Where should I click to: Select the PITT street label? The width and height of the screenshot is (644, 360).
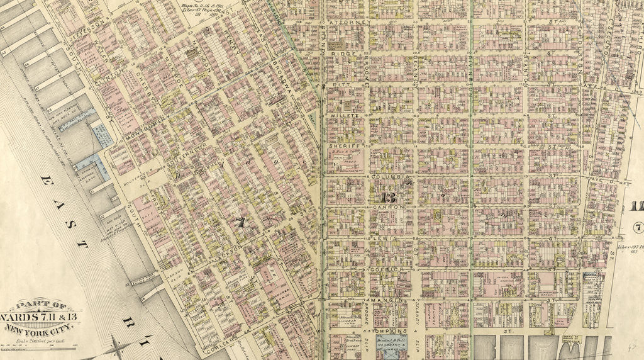tap(337, 84)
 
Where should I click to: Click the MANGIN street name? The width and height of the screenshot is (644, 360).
tap(384, 301)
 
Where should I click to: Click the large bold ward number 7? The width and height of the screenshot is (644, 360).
tap(239, 222)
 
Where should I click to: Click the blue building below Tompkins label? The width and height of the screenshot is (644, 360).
tap(391, 345)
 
